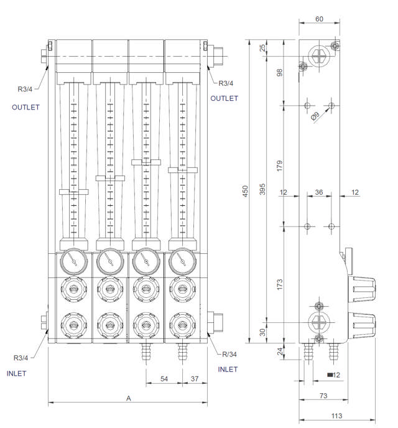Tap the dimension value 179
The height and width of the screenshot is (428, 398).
pyautogui.click(x=280, y=165)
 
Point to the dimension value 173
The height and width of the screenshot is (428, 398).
pyautogui.click(x=280, y=285)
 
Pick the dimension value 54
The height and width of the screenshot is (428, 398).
pyautogui.click(x=164, y=379)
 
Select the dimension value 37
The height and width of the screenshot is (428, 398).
pyautogui.click(x=194, y=379)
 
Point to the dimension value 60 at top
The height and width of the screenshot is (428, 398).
pyautogui.click(x=320, y=19)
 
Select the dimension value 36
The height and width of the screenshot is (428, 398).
pyautogui.click(x=318, y=193)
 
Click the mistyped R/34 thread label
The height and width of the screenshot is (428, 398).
pyautogui.click(x=229, y=355)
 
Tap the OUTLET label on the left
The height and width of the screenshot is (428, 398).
pyautogui.click(x=25, y=107)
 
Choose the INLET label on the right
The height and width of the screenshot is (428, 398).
pyautogui.click(x=228, y=370)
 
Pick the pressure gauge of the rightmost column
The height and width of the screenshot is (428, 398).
pyautogui.click(x=182, y=260)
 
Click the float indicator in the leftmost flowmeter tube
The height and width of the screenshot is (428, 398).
pyautogui.click(x=73, y=192)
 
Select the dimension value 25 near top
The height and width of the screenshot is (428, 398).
pyautogui.click(x=263, y=48)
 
